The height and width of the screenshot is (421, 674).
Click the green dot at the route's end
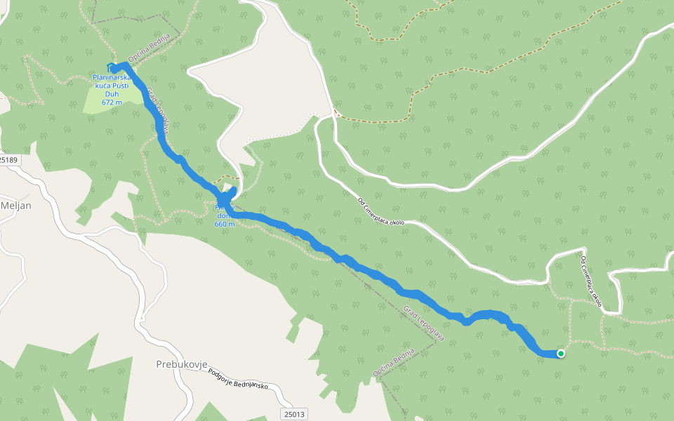561,354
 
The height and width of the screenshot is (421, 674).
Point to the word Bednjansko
258,389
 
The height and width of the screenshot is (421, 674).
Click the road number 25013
295,415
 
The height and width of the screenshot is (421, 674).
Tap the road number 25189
8,160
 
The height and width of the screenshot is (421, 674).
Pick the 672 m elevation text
112,102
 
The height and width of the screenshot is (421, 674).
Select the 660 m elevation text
225,225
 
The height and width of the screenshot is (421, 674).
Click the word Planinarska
112,76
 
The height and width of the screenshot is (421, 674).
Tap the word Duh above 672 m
112,93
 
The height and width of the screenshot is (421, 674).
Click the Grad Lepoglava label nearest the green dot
425,323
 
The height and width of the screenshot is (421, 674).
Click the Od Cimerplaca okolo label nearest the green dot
592,282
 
